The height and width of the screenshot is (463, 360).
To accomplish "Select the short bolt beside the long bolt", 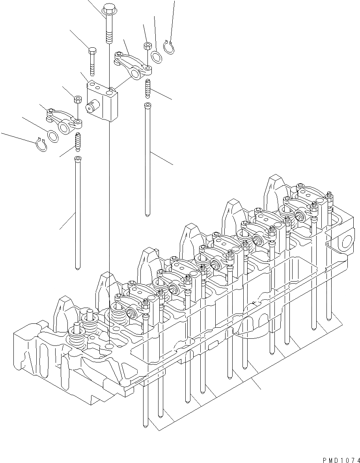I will click(x=92, y=61).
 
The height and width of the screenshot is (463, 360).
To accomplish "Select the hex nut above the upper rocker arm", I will click(x=146, y=46).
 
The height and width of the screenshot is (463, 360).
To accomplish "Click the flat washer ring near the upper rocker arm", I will click(x=156, y=56).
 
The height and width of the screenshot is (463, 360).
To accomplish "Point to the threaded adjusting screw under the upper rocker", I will click(x=148, y=89).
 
